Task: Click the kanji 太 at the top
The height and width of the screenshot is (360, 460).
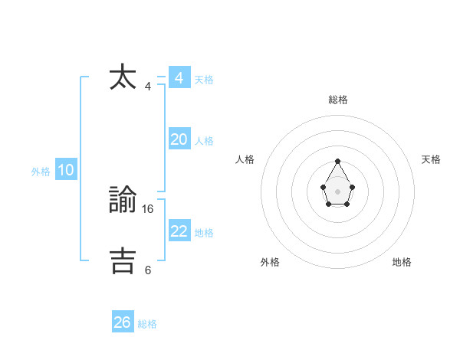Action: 123,78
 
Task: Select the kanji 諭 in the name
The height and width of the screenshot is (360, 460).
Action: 123,200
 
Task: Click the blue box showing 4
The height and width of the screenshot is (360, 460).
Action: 179,78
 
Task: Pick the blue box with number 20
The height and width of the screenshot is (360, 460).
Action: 179,139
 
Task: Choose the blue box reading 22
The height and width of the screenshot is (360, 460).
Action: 179,231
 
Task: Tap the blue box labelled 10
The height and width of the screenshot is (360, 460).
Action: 66,171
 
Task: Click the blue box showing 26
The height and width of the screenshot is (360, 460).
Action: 123,322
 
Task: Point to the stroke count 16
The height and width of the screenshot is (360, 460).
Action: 148,208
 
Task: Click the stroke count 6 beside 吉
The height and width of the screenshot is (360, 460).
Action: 148,270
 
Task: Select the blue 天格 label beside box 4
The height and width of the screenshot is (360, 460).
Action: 204,80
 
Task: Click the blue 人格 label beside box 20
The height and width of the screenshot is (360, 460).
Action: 204,141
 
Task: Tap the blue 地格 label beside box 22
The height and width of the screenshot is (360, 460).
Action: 204,233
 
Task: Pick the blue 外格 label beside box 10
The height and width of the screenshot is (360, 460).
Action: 41,172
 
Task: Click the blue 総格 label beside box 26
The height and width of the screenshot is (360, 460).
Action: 147,324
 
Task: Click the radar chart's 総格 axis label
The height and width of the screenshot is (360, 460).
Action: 338,100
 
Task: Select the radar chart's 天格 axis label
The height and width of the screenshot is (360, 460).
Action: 431,159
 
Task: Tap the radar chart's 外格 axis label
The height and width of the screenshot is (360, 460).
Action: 270,262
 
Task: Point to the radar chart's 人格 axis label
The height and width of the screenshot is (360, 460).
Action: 245,159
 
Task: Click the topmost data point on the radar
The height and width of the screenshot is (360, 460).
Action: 338,161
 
